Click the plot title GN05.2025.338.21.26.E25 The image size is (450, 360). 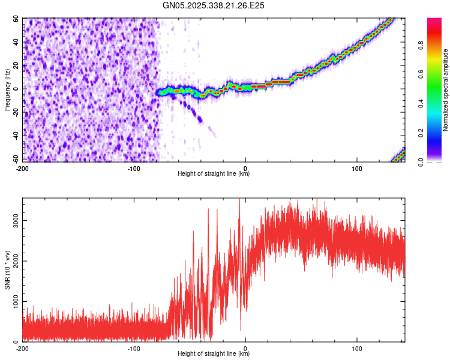tap(214, 5)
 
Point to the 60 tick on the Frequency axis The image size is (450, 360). tap(17, 19)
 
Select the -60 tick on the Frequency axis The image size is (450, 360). tap(16, 160)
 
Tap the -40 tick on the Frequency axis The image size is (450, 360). tap(16, 136)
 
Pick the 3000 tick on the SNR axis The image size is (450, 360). tap(13, 220)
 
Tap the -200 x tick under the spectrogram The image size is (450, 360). tap(23, 168)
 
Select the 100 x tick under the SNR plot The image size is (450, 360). tap(358, 348)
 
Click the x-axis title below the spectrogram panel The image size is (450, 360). tap(214, 174)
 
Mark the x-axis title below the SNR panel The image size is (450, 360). tap(214, 354)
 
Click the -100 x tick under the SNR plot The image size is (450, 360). tap(134, 348)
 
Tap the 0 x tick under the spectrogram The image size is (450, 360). tap(245, 168)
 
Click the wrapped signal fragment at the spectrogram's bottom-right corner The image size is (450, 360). tap(399, 156)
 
